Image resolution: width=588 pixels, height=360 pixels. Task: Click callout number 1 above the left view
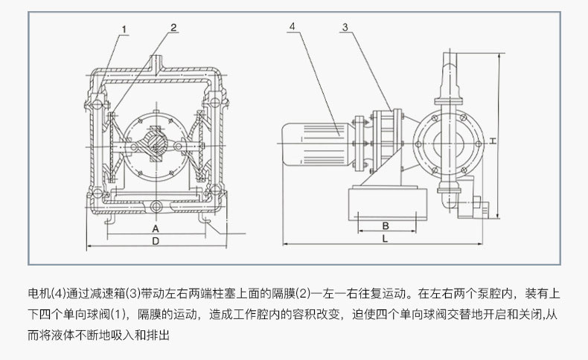(x=124, y=30)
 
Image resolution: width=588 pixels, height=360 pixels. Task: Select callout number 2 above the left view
(x=173, y=28)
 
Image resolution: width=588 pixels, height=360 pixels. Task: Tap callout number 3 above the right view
(x=345, y=28)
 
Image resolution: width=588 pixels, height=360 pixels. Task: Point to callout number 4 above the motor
(x=292, y=27)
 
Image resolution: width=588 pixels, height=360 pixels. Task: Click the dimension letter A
(x=155, y=228)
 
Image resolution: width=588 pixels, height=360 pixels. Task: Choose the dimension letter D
(x=155, y=242)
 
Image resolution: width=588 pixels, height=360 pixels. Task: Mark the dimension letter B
(x=386, y=225)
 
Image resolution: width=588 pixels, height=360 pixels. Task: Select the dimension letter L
(x=384, y=239)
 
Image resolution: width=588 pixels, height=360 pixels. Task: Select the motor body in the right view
(x=313, y=138)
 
